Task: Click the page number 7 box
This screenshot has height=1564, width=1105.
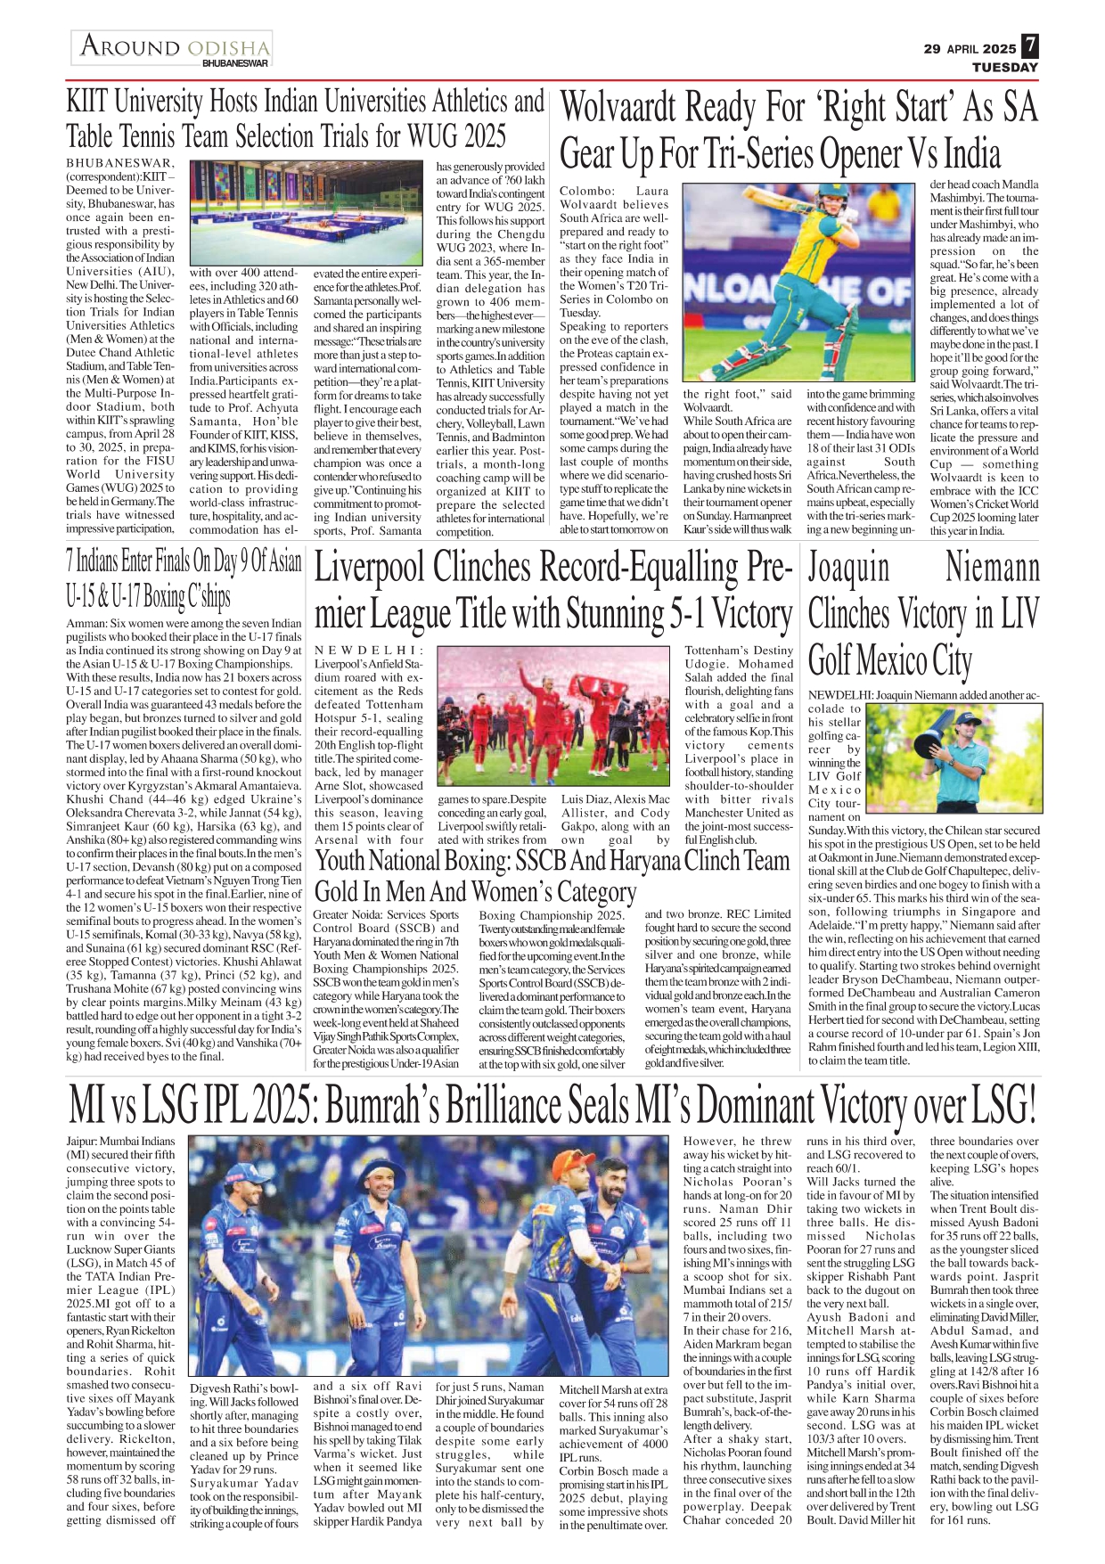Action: point(1029,46)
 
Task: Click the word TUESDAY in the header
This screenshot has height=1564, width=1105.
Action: point(1004,68)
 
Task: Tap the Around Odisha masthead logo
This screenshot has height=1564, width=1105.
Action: point(172,48)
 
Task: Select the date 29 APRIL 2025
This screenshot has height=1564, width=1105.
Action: point(970,49)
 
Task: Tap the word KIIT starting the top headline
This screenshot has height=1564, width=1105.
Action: point(86,102)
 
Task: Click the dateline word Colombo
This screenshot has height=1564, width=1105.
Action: point(585,192)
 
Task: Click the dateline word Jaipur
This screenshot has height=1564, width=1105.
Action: point(81,1142)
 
